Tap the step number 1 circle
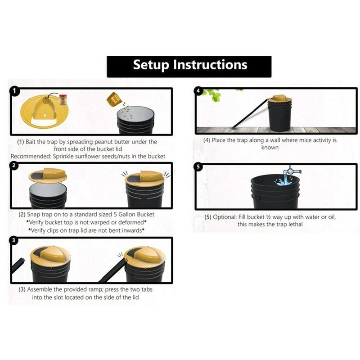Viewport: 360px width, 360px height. coord(15,91)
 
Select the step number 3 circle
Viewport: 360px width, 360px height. coord(15,241)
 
